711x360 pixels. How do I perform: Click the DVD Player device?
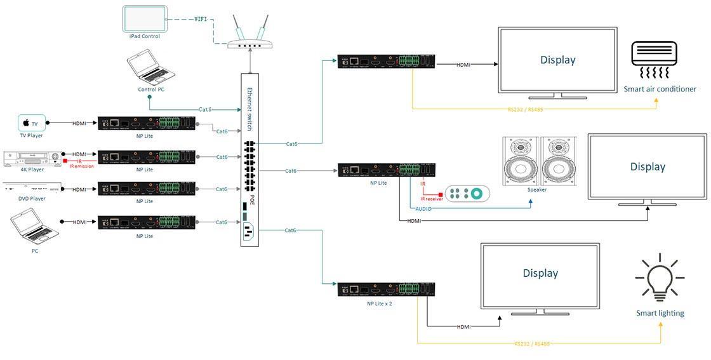[33, 189]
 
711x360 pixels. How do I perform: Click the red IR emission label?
[81, 165]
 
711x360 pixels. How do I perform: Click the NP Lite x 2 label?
[379, 303]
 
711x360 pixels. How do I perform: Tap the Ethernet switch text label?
[251, 109]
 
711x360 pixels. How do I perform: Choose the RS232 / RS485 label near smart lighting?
[532, 343]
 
